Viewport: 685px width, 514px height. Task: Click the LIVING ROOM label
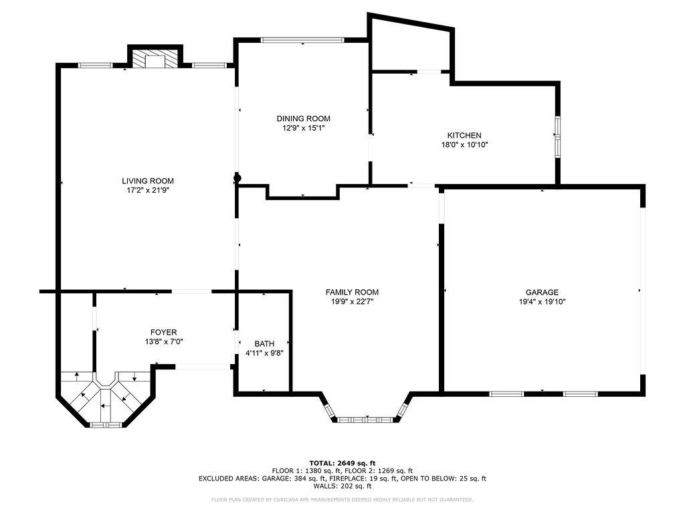click(x=148, y=181)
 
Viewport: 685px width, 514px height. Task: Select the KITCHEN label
click(x=464, y=135)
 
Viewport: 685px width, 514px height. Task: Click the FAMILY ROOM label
click(x=352, y=292)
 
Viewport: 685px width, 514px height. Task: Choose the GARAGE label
click(x=542, y=292)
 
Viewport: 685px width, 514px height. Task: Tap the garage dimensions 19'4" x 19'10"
click(x=542, y=301)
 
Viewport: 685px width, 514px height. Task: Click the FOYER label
click(x=163, y=332)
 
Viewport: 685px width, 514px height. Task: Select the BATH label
click(x=264, y=343)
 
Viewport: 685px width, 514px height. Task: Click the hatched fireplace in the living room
click(x=155, y=60)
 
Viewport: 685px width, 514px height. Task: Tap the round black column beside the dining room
click(x=236, y=178)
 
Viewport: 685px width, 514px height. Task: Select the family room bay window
click(x=367, y=419)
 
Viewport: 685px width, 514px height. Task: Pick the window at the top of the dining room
click(x=302, y=40)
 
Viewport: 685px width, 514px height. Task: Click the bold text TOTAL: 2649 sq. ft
click(x=342, y=463)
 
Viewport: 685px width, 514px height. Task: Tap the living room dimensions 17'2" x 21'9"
click(x=148, y=190)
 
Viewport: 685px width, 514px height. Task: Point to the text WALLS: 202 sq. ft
click(x=342, y=486)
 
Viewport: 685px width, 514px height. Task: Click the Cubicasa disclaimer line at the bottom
click(x=342, y=499)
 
